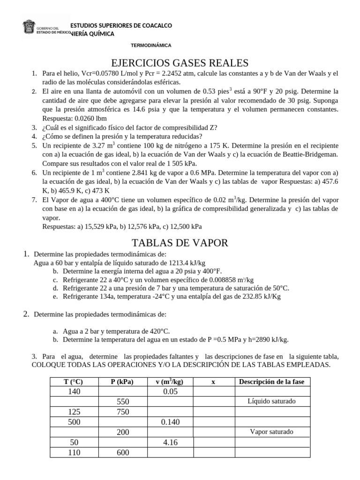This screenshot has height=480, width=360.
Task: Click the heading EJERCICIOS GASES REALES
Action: (x=180, y=62)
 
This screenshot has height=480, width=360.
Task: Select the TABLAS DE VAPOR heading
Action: (x=180, y=242)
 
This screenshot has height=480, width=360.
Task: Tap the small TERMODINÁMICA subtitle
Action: (x=150, y=45)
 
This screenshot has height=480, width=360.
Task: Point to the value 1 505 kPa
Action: (x=180, y=163)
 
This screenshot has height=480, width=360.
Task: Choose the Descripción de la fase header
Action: (x=272, y=382)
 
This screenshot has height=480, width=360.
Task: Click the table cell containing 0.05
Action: (x=170, y=392)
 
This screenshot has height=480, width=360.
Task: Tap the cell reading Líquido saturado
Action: (x=272, y=402)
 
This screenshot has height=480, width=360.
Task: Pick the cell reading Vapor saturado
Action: (x=272, y=432)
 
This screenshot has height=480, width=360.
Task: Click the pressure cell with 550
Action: (x=123, y=402)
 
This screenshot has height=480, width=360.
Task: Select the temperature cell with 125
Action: (x=74, y=412)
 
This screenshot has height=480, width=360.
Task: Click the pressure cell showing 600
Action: (x=123, y=452)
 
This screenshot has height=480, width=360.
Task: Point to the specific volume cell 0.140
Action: (x=170, y=422)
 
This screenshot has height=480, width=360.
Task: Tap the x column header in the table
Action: (x=213, y=382)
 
